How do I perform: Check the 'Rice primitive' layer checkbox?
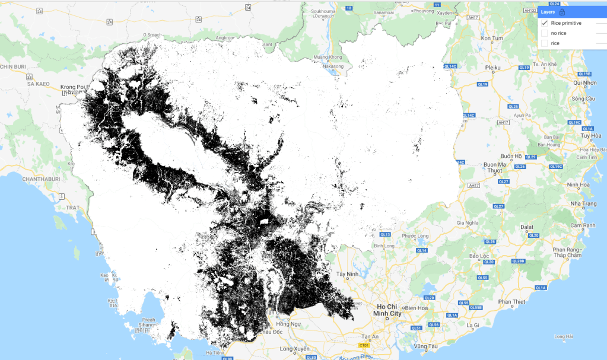[x=545, y=23]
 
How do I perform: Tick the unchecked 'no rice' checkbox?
[x=545, y=33]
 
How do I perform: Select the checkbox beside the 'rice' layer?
[x=545, y=43]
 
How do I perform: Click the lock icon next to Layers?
[x=562, y=11]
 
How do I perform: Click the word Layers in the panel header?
[x=548, y=11]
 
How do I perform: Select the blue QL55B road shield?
[x=476, y=307]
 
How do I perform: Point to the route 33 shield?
[x=29, y=77]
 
